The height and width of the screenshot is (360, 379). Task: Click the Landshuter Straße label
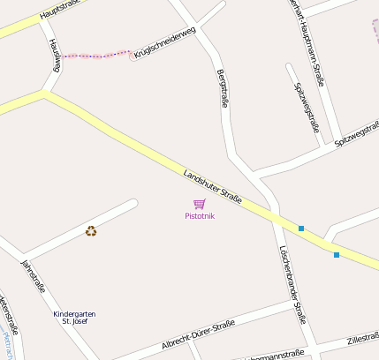(x=212, y=186)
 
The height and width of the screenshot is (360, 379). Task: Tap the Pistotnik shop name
(x=200, y=216)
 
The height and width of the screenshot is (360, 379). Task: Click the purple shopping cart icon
(x=200, y=205)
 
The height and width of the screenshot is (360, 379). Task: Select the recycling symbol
(x=91, y=231)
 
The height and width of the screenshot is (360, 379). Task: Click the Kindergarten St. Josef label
(x=74, y=318)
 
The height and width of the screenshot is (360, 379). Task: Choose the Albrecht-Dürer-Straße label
(x=198, y=335)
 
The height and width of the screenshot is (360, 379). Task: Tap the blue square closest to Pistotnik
(x=301, y=229)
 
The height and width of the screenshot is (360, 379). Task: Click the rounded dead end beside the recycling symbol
(x=133, y=204)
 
